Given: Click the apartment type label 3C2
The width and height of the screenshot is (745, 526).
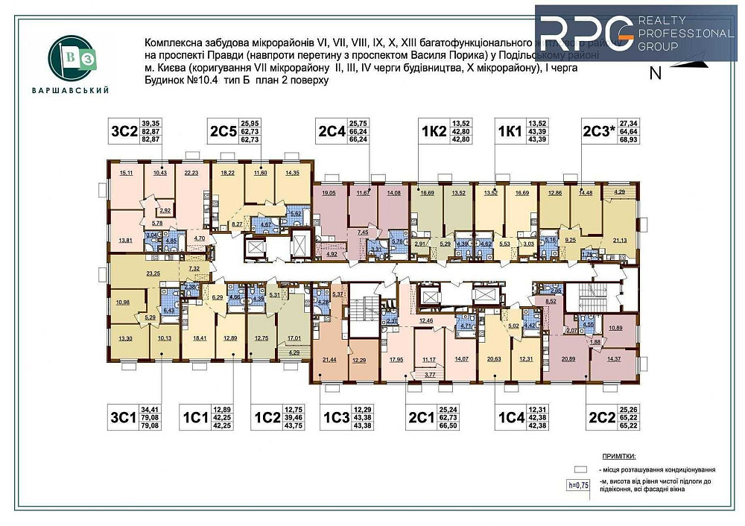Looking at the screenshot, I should tap(121, 132).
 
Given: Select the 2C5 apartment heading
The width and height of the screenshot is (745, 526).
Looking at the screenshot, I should tap(223, 132).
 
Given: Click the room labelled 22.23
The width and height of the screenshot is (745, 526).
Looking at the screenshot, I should tap(191, 173).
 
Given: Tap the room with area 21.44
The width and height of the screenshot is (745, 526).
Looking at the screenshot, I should tap(329, 359).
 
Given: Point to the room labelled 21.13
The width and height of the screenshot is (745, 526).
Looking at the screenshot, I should tap(620, 240).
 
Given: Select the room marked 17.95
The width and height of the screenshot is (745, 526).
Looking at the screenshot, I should tap(395, 359).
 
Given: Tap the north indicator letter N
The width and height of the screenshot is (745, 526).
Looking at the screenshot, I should tap(656, 73).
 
